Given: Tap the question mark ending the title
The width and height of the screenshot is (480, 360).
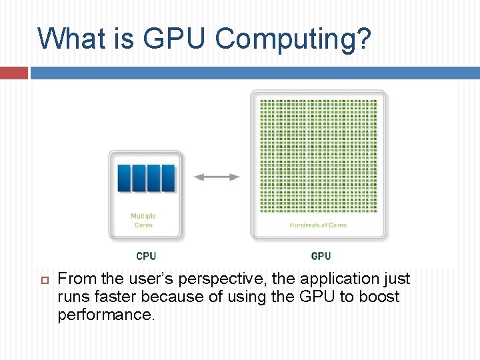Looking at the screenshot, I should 363,39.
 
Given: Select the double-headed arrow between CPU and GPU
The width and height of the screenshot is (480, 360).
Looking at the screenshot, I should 216,177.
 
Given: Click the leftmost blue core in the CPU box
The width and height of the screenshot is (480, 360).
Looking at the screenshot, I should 124,178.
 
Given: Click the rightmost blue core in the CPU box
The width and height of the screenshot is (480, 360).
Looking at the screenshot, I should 168,178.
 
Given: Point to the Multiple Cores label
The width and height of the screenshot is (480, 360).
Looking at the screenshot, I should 143,221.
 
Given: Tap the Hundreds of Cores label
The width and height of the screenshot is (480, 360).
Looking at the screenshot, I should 318,225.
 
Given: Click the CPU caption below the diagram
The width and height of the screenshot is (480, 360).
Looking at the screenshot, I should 146,256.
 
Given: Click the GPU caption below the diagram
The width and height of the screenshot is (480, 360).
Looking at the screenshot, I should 321,256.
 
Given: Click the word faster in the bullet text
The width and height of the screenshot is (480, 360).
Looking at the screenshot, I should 112,297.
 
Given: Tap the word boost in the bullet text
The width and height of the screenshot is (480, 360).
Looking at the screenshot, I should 379,297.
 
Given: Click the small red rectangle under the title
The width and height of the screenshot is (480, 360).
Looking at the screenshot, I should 13,72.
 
